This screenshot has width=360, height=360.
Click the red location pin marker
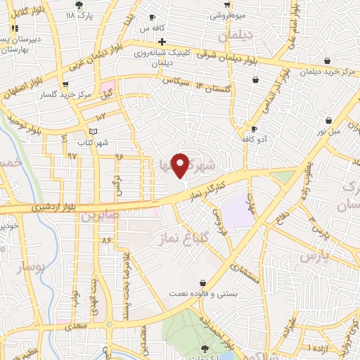tap(181, 165)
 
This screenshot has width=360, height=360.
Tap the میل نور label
tap(326, 131)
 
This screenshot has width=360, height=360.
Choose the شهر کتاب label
tap(94, 143)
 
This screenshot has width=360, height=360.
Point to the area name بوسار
tap(29, 267)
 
